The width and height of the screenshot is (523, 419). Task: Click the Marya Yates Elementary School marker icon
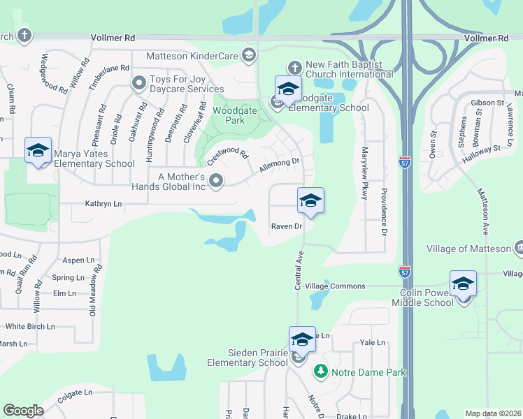click(x=38, y=150)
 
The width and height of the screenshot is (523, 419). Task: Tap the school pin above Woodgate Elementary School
click(x=287, y=89)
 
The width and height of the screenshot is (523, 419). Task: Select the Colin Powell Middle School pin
click(x=463, y=284)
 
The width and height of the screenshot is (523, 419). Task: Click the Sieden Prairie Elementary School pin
click(x=302, y=339)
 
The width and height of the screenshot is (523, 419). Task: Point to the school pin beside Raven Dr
click(x=310, y=200)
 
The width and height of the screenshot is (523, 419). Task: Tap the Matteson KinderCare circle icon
click(x=248, y=55)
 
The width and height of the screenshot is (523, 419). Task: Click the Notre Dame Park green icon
click(x=320, y=372)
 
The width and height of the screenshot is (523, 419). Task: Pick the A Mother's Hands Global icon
click(x=217, y=182)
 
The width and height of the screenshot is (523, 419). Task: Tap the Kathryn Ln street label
click(x=103, y=204)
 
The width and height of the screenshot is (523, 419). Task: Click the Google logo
click(x=23, y=411)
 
